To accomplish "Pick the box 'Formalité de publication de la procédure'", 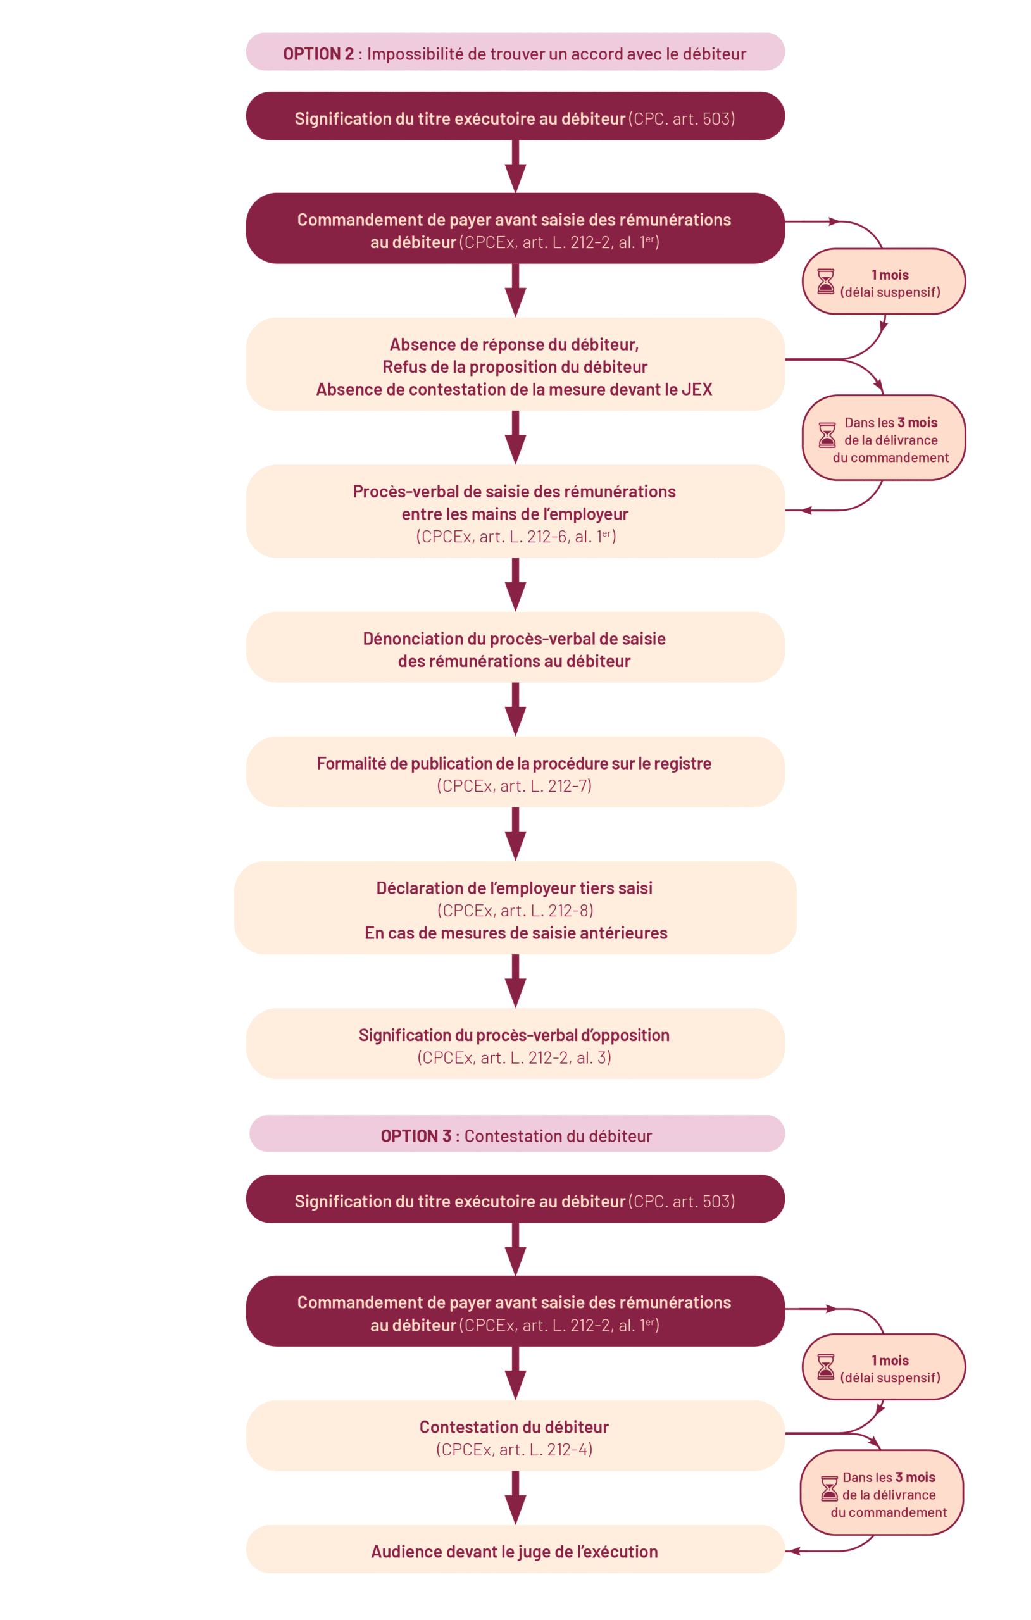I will coord(515,772).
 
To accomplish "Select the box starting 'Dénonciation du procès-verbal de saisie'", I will coord(515,649).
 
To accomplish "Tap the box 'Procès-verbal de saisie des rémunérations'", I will coord(515,513).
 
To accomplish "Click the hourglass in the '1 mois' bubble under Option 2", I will coord(825,281).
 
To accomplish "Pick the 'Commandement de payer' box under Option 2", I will coord(515,230).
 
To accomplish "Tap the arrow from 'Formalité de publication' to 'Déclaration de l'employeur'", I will coord(515,834).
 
